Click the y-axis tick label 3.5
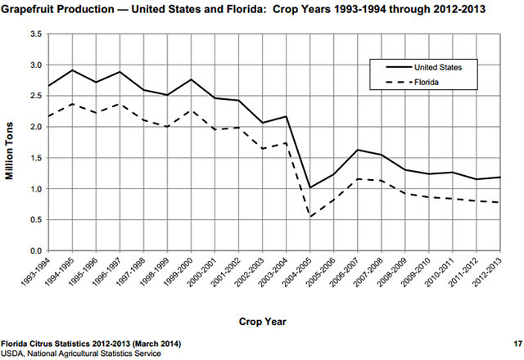[35, 34]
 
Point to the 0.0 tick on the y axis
[35, 250]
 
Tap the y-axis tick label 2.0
[35, 127]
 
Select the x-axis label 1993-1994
[36, 270]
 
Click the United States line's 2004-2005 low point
[309, 188]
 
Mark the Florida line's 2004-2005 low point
[309, 217]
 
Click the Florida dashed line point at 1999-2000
[191, 110]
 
